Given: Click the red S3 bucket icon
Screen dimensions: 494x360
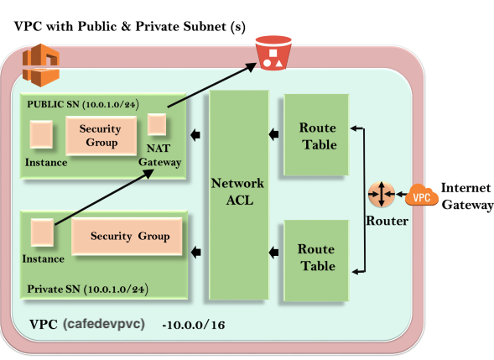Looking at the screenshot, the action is [273, 53].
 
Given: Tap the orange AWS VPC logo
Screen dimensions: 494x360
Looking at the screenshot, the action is [41, 65].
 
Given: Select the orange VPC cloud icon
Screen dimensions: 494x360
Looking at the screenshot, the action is [422, 196].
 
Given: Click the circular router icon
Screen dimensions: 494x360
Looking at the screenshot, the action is [382, 194].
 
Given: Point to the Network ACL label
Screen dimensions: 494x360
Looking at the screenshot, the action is [237, 191].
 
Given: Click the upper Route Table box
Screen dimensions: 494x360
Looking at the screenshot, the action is [316, 134].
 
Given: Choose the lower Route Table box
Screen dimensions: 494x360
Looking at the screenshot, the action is [316, 260].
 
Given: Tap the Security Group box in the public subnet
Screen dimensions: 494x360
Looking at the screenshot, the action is [101, 136].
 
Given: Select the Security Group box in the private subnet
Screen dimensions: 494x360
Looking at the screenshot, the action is [127, 236].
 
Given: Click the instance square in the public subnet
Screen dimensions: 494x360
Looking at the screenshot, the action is [41, 134].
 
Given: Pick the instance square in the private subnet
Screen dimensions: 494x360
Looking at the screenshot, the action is [42, 232].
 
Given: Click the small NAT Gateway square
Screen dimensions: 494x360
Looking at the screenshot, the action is [157, 124].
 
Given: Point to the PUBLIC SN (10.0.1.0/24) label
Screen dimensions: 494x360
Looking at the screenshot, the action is [83, 104].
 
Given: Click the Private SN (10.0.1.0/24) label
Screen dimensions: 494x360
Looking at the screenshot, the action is [87, 289].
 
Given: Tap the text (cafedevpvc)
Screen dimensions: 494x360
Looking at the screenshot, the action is [104, 324].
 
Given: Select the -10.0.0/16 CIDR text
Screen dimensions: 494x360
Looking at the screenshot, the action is [194, 325].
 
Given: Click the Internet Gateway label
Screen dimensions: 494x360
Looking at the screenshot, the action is [467, 196].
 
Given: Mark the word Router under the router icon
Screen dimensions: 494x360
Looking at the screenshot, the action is [387, 221].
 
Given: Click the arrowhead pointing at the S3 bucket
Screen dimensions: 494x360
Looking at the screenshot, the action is [252, 66].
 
